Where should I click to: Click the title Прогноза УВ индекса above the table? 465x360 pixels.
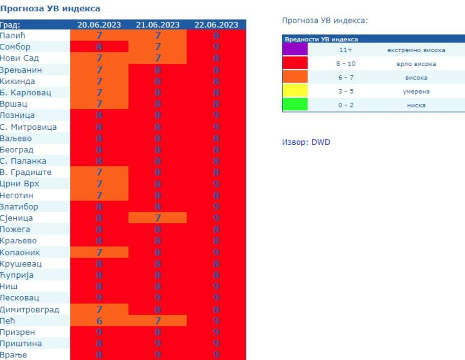point(50,8)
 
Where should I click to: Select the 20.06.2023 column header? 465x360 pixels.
point(99,25)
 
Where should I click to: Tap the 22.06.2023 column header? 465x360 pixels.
point(216,25)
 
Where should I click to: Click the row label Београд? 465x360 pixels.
point(17,150)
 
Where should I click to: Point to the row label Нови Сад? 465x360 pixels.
point(20,58)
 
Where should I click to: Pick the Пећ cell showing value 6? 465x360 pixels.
point(99,321)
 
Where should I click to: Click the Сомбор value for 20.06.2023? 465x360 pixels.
point(99,47)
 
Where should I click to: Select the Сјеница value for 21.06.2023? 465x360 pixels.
point(158,218)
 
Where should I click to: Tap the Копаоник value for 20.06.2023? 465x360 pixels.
point(99,253)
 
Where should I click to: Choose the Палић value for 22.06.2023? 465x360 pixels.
point(216,35)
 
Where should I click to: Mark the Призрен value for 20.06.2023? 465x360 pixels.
point(99,333)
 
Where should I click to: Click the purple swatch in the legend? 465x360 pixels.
point(295,50)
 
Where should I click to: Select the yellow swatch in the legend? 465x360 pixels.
point(295,91)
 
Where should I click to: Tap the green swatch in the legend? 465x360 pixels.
point(295,105)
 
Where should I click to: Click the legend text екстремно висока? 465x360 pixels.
point(416,50)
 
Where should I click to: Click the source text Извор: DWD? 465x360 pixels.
point(306,142)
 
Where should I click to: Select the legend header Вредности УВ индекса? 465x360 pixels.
point(321,40)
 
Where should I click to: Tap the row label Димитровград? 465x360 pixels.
point(29,310)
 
